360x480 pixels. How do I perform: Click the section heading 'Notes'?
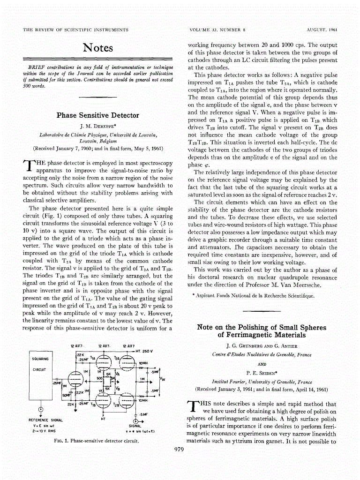pos(97,48)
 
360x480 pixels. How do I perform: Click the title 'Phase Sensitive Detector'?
pos(97,115)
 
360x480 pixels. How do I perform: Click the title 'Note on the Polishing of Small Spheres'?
pos(262,327)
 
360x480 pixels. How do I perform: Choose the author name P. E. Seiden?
pos(262,374)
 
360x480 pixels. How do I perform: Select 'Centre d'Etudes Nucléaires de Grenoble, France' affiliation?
pos(262,355)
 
